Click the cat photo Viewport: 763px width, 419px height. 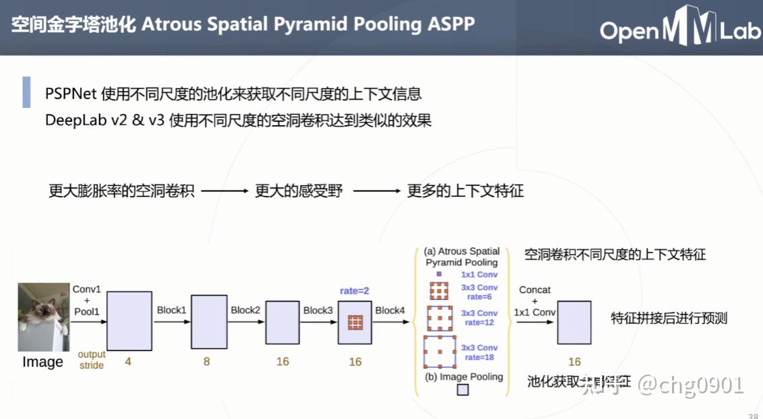point(43,317)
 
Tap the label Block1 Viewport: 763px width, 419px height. point(171,310)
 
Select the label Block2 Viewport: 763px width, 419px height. point(245,310)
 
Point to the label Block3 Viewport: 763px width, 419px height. point(318,310)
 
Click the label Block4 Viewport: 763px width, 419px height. point(390,310)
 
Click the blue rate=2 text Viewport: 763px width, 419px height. point(355,291)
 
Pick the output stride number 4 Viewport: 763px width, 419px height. point(128,362)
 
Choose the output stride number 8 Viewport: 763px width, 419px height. point(206,362)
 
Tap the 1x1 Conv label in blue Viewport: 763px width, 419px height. point(479,275)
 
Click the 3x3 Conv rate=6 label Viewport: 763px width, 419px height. point(479,292)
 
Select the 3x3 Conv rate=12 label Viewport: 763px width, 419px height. point(479,317)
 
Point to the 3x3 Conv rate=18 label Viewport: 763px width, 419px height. point(479,352)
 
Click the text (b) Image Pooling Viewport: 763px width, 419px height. point(464,377)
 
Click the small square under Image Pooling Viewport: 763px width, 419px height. point(462,389)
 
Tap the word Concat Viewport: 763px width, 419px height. point(535,290)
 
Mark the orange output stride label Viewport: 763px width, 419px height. point(92,360)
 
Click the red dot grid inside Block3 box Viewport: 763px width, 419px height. point(355,322)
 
